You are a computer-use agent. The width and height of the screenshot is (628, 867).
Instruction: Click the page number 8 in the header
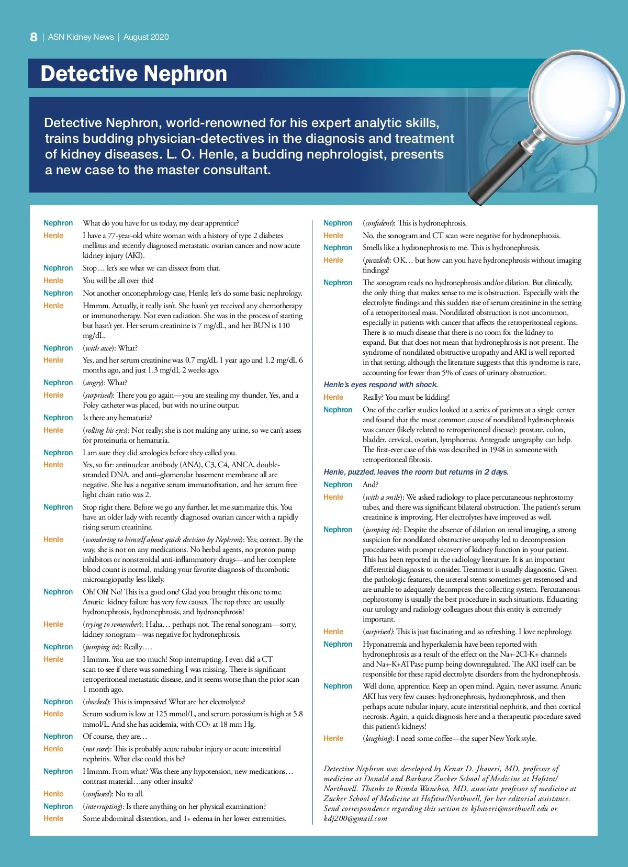point(33,37)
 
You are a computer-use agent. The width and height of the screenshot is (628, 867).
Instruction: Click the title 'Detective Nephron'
point(134,74)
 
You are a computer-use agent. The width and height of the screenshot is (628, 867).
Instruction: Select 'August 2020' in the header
point(146,37)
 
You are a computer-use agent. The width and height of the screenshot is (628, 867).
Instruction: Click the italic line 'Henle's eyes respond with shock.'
point(380,385)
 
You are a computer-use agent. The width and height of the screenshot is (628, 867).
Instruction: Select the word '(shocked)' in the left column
point(96,702)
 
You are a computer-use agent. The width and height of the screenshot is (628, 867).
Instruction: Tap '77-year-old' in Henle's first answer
point(126,235)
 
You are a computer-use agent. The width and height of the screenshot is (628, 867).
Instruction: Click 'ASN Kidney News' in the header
point(81,37)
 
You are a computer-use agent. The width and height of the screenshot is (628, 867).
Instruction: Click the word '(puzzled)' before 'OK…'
point(376,260)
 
